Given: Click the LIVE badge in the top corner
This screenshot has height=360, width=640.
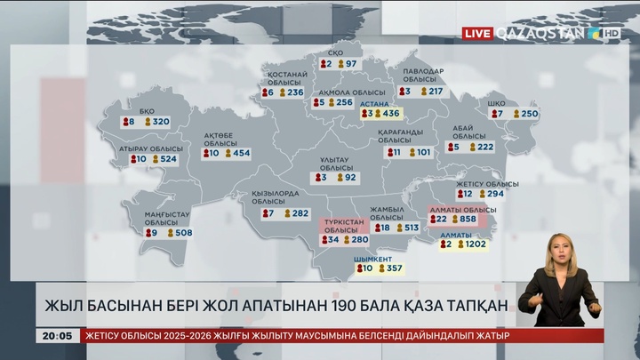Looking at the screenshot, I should (x=478, y=33).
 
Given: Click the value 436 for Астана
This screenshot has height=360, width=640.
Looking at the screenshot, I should (x=390, y=114).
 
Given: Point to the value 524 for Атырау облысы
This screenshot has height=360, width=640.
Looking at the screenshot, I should (x=168, y=159).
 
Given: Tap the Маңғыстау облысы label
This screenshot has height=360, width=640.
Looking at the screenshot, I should (x=167, y=219).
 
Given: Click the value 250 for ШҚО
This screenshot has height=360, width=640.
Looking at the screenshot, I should (x=530, y=114).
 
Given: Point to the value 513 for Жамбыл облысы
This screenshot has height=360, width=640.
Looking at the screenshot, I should (x=411, y=228).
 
